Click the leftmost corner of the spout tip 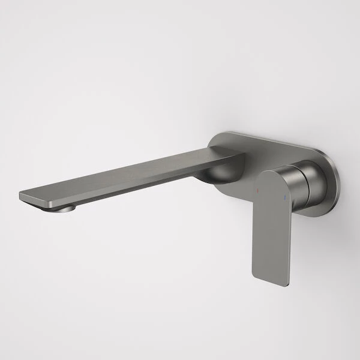(x=20, y=195)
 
